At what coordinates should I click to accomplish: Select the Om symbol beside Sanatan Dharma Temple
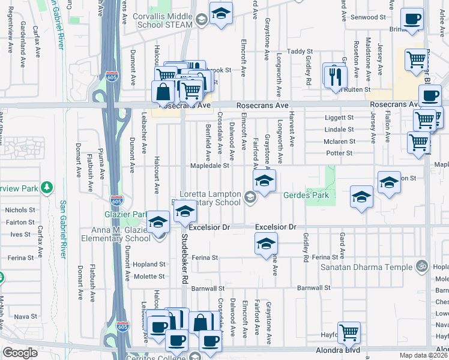coord(422,265)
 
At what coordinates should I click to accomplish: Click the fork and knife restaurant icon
coord(334,76)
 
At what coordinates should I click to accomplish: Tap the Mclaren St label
coord(340,142)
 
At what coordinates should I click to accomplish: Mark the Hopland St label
coord(149,264)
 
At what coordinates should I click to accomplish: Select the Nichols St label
coord(20,210)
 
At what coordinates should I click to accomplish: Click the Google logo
coord(19,353)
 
